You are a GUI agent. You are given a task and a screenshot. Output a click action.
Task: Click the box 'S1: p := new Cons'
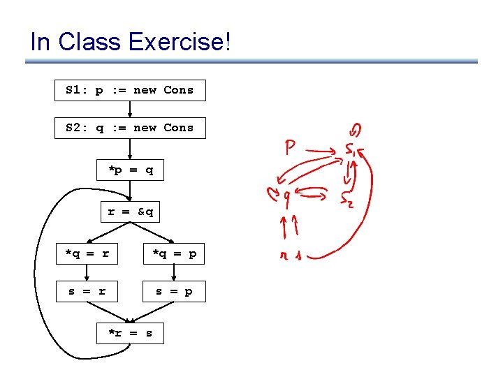[130, 90]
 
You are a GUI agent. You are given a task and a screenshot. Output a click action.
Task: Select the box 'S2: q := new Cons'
[130, 128]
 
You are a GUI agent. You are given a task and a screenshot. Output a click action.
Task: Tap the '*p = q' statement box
[130, 170]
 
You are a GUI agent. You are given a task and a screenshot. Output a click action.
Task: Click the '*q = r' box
[87, 254]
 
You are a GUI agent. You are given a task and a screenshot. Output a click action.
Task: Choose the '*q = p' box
[174, 254]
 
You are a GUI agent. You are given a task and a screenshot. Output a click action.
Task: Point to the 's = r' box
[87, 291]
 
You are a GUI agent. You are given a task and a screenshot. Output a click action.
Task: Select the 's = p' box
[174, 291]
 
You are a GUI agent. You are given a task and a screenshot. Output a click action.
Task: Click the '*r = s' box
[130, 333]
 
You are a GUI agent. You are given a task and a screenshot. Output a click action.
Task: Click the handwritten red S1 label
[351, 150]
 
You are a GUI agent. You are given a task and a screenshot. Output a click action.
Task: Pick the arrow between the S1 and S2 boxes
[130, 109]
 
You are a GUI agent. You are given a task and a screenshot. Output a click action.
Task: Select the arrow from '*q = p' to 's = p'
[174, 272]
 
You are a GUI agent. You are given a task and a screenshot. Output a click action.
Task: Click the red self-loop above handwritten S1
[355, 130]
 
